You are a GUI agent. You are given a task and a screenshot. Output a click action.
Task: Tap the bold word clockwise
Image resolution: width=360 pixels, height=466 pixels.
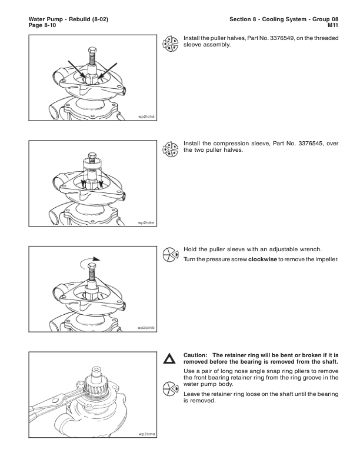[x=262, y=259]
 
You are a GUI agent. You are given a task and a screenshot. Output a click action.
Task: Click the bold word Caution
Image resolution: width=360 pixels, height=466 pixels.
[x=195, y=355]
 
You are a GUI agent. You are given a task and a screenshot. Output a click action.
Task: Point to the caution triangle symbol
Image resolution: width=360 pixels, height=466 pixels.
[x=169, y=358]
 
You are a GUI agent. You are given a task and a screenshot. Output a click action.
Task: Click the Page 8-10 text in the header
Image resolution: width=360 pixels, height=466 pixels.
[x=42, y=25]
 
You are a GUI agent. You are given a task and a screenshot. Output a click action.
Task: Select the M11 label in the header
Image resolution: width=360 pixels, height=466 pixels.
[x=333, y=25]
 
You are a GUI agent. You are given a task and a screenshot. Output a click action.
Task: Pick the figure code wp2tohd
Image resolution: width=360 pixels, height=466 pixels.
[x=146, y=116]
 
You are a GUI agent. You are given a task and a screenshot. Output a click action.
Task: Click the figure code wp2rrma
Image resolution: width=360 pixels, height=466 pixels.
[x=146, y=434]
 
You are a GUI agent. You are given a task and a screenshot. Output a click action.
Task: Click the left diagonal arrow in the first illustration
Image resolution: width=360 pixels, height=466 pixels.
[x=76, y=70]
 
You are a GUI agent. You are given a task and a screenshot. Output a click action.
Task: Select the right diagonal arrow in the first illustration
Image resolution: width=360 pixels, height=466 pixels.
[x=108, y=71]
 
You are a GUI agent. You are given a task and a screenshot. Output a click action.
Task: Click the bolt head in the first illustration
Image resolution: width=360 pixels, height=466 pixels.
[x=92, y=50]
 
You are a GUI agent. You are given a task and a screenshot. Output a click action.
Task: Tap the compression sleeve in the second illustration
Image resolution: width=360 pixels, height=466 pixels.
[x=92, y=164]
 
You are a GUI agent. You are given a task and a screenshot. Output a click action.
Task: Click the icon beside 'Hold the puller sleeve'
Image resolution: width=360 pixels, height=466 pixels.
[x=171, y=255]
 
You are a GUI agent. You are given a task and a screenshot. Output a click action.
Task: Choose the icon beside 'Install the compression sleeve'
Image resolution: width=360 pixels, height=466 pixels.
[x=171, y=149]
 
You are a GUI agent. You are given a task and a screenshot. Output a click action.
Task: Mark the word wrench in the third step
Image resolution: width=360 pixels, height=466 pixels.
[x=312, y=249]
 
